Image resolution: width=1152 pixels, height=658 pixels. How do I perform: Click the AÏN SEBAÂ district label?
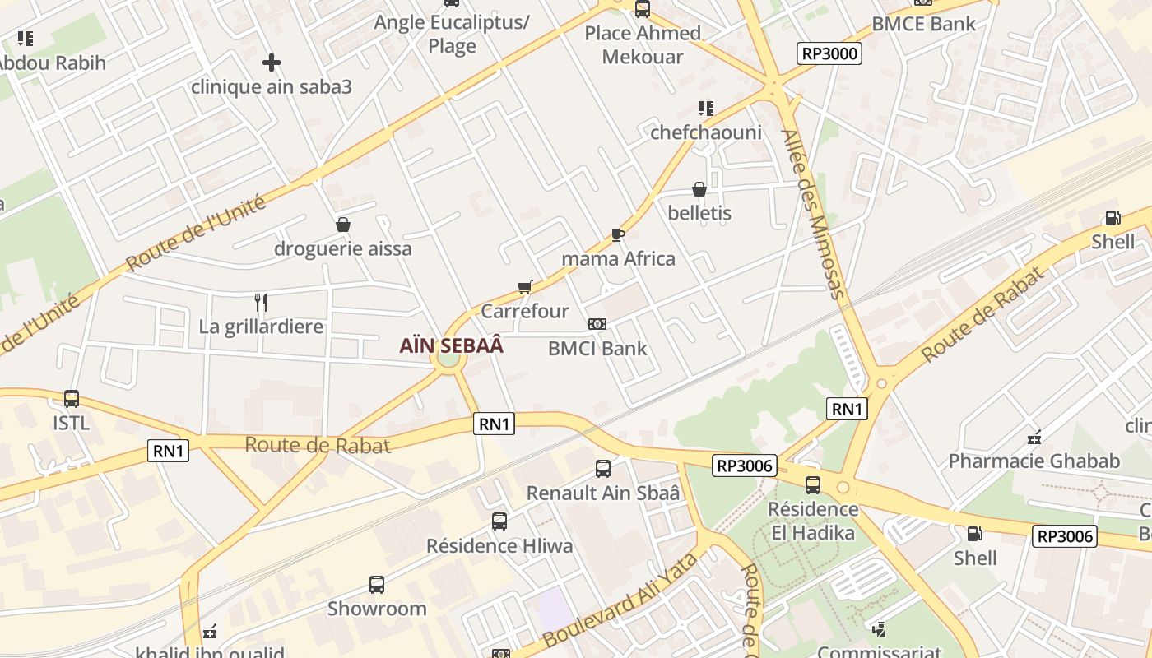(451, 345)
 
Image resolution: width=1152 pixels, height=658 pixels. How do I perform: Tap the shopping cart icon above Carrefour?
(524, 287)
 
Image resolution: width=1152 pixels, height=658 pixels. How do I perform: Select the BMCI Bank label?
(597, 348)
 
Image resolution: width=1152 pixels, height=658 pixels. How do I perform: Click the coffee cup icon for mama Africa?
(618, 235)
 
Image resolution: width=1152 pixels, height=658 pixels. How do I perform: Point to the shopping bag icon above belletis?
(699, 189)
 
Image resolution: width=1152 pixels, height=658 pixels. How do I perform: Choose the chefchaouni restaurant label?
(706, 132)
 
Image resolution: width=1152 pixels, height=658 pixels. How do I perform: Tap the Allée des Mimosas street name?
(813, 214)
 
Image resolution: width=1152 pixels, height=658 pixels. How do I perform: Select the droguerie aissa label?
(342, 248)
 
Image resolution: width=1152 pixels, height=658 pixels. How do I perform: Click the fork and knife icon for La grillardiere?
(261, 303)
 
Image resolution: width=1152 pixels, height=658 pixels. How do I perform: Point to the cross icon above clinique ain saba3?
(272, 63)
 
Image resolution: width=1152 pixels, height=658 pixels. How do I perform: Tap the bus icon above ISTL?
(72, 399)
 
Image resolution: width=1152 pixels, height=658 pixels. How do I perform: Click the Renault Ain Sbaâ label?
(603, 493)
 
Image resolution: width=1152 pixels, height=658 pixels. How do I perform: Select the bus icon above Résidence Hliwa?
(499, 521)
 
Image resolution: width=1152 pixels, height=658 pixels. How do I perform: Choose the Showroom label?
(377, 609)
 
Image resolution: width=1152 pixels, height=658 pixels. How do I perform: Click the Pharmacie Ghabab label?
(1034, 461)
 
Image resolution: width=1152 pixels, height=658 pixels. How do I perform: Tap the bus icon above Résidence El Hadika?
(813, 484)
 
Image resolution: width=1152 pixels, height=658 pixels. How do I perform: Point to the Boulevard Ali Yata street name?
(620, 600)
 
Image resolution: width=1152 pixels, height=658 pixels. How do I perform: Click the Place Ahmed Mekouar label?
(643, 44)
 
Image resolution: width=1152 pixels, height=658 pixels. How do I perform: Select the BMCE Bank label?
(923, 24)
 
